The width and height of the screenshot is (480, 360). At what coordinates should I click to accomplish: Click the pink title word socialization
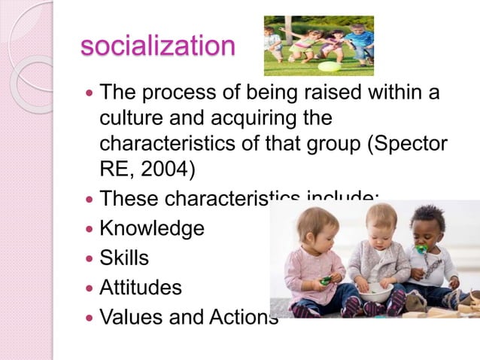coord(157,46)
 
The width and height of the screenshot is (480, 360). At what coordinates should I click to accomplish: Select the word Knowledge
coord(152,228)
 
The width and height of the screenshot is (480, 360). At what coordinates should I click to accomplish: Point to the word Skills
coord(124,258)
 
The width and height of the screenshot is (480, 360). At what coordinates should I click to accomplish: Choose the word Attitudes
coord(141,287)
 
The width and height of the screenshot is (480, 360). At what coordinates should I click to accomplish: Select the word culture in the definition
coord(131,119)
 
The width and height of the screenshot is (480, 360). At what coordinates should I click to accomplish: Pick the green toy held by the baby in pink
coord(325,280)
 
